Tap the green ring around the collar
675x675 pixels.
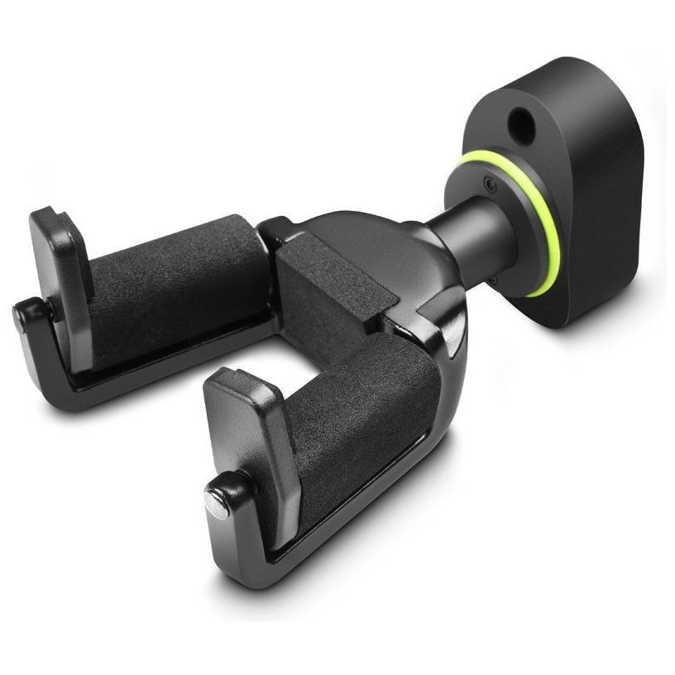[549, 240]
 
